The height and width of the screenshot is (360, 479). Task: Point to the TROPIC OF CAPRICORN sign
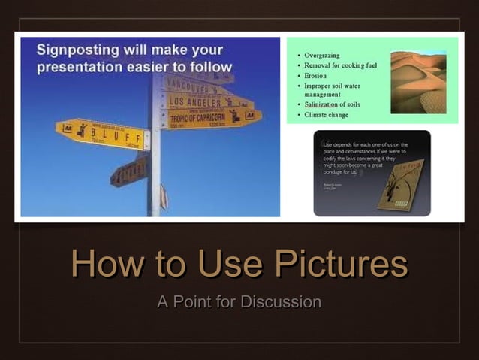(x=212, y=116)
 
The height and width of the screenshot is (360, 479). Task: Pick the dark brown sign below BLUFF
(x=129, y=172)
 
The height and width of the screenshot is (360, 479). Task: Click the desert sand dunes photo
(x=418, y=81)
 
